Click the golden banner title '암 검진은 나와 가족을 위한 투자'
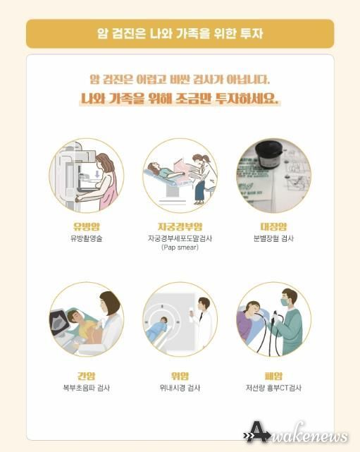tap(180, 33)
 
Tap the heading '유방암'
tap(87, 226)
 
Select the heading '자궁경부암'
tap(180, 226)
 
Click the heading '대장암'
tap(273, 226)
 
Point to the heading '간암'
tap(87, 376)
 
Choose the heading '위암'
tap(180, 376)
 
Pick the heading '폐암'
tap(273, 376)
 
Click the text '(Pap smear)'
tap(180, 248)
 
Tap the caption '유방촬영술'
tap(87, 238)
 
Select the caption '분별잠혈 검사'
tap(273, 238)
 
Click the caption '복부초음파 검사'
tap(87, 388)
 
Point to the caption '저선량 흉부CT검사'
tap(273, 388)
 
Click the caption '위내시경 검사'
tap(180, 388)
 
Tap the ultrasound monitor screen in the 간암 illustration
tap(60, 322)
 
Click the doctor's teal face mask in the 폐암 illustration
tap(285, 302)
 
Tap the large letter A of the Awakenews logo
tap(257, 432)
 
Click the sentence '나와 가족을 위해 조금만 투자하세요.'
tap(180, 98)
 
